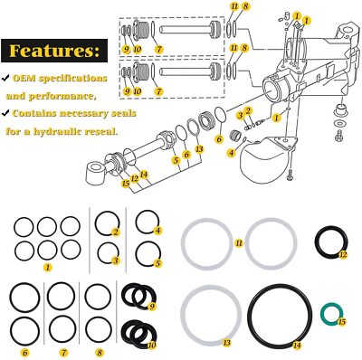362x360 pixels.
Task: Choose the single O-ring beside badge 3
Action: point(106,253)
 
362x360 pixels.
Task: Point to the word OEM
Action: point(25,78)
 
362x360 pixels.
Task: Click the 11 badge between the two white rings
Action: point(239,244)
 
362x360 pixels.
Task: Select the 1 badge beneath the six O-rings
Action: point(47,269)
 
